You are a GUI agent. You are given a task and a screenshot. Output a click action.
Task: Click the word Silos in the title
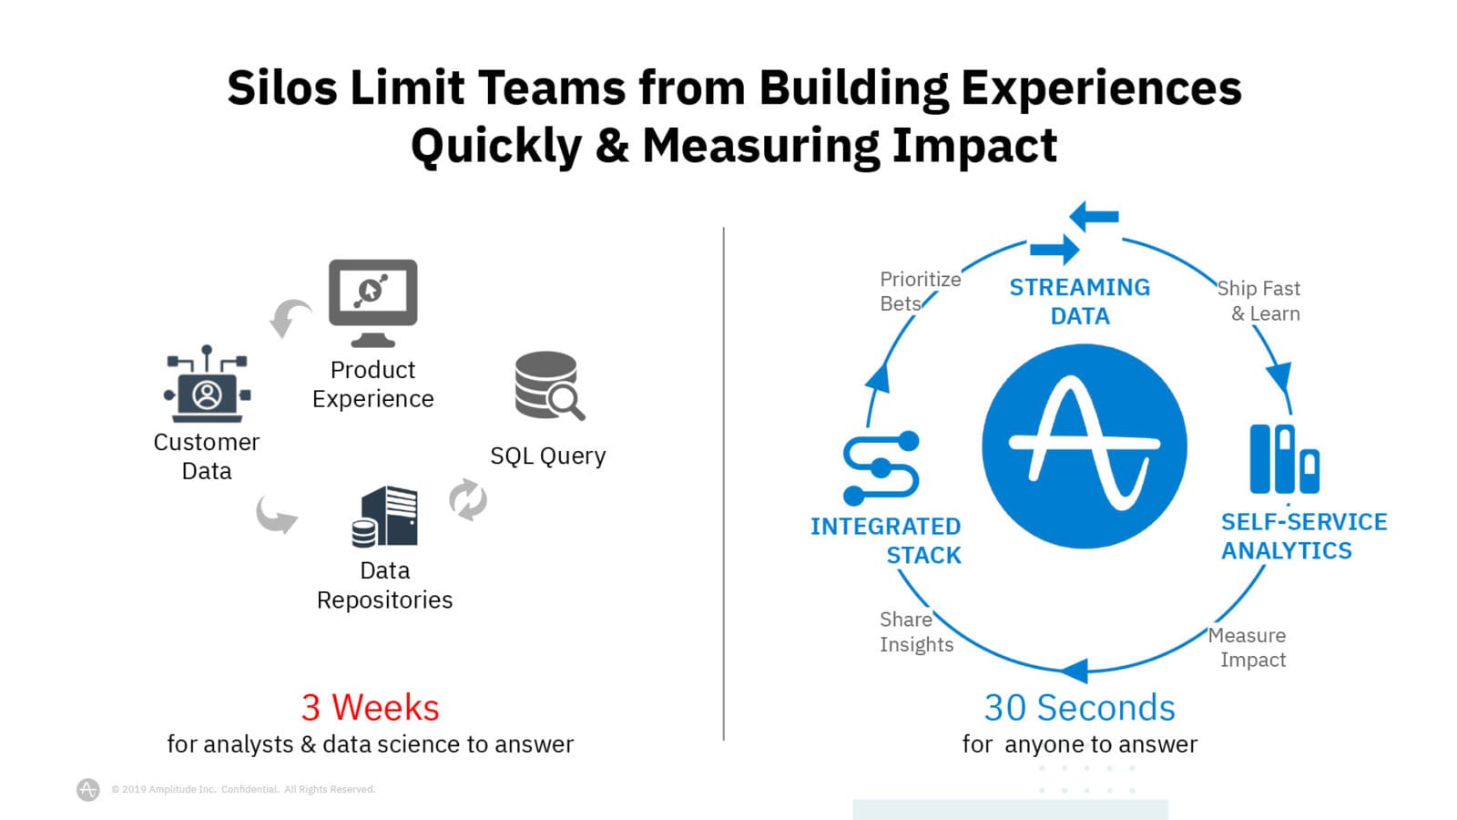coord(282,87)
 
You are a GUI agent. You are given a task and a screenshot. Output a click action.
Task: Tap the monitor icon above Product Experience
coord(372,303)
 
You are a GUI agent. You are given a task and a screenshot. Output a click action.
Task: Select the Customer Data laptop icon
coord(207,384)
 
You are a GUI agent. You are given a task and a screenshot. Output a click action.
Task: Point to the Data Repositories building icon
coord(385,516)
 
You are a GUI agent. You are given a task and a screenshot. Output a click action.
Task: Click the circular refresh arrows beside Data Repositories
coord(468,500)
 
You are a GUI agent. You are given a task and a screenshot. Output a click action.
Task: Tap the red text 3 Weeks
coord(370,707)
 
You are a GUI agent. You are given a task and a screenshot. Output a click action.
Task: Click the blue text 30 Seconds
coord(1080,707)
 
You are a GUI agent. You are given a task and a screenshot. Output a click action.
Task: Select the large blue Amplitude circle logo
coord(1085,446)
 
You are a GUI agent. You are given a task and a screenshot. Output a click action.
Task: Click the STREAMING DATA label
coord(1080,302)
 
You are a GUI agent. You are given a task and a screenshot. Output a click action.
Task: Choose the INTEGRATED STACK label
coord(886,540)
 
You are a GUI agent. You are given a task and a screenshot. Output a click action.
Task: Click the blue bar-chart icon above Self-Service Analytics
coord(1285,459)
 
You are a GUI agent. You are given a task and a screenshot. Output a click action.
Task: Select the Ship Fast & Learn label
coord(1258,301)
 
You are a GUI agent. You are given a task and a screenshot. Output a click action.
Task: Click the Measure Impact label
coord(1247,647)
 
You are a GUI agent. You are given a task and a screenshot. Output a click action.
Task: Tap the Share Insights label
coord(916,631)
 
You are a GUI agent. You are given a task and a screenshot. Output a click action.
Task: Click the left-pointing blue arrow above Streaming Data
coord(1094,216)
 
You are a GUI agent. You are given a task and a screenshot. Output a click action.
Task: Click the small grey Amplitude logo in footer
coord(87,789)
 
